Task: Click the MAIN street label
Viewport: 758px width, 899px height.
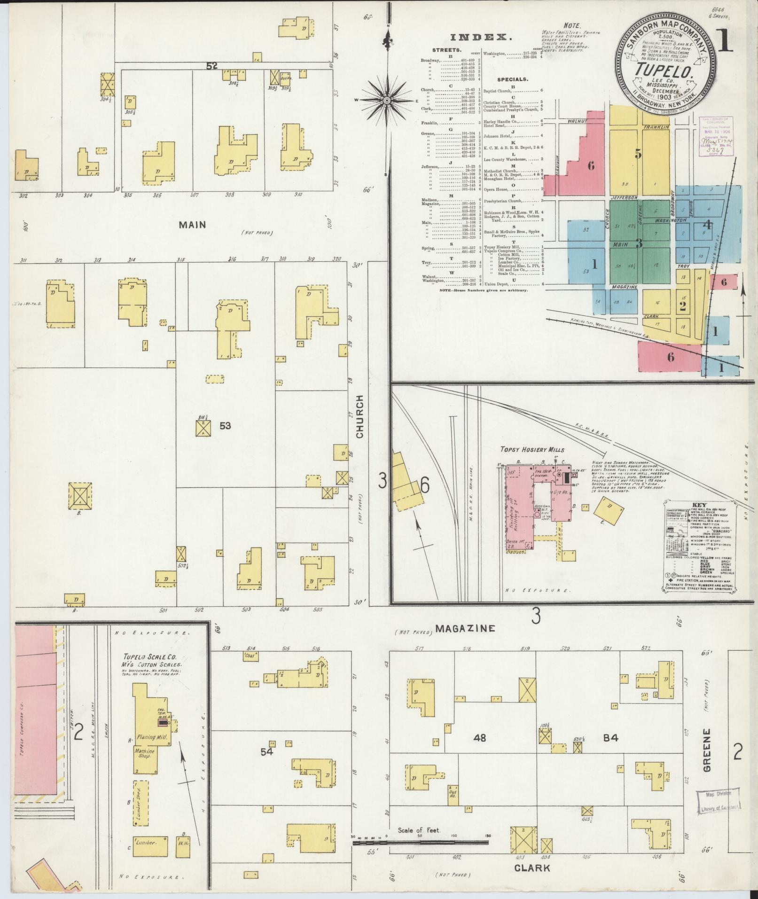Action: (x=192, y=225)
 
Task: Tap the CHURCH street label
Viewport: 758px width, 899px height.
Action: (x=360, y=416)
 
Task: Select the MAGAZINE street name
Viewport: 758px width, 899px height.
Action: (x=465, y=628)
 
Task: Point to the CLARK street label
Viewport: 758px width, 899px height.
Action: (x=532, y=868)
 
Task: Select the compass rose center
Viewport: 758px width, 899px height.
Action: (x=386, y=100)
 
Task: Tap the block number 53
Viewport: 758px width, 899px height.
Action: (x=225, y=426)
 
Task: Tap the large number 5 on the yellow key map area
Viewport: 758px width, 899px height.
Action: (x=638, y=154)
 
